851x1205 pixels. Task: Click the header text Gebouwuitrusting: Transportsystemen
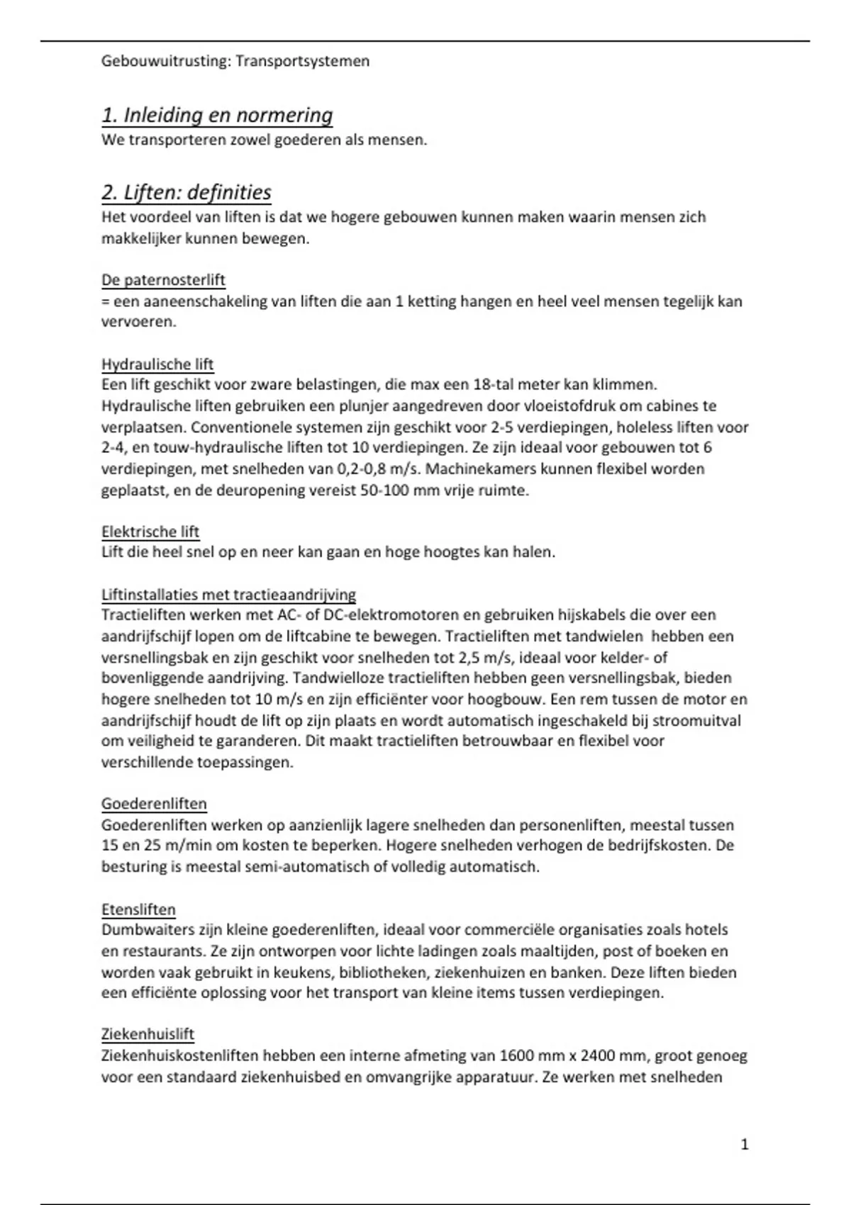[x=235, y=61]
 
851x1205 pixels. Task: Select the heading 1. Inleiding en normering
[x=217, y=115]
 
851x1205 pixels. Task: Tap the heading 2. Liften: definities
[x=187, y=192]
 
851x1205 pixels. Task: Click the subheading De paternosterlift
[x=163, y=280]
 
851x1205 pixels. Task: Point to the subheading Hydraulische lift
[x=157, y=364]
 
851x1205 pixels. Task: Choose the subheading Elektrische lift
[x=150, y=532]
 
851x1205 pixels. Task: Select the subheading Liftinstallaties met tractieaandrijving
[x=228, y=595]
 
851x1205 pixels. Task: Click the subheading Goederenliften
[x=154, y=804]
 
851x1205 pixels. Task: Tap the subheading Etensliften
[x=138, y=909]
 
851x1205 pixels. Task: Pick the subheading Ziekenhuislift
[x=148, y=1034]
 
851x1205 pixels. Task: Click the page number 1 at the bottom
[x=744, y=1144]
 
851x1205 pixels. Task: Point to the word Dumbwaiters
[x=145, y=930]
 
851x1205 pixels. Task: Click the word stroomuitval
[x=695, y=721]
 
